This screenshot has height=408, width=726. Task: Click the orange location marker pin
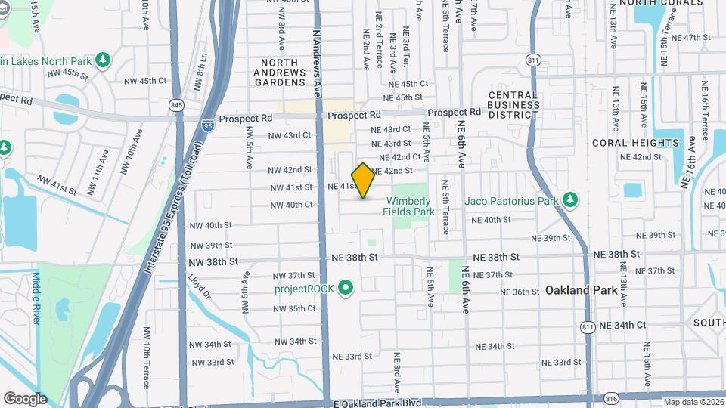coord(363,181)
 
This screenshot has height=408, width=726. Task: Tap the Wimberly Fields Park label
coord(408,206)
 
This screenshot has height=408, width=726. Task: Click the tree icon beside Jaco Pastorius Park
coord(571,200)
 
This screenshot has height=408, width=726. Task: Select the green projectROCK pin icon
coord(346,288)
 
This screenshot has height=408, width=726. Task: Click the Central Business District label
coord(512,105)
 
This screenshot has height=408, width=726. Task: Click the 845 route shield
coord(177,104)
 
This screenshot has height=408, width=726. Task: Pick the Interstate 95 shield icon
coord(207,128)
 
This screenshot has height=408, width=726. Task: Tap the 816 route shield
coord(612,397)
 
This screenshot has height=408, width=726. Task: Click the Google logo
coord(25,399)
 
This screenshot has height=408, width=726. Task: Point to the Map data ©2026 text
coord(693,402)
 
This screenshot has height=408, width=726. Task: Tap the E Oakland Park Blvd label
coord(377,403)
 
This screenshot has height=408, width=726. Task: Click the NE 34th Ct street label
coord(622,325)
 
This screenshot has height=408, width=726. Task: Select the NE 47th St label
coord(692,37)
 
